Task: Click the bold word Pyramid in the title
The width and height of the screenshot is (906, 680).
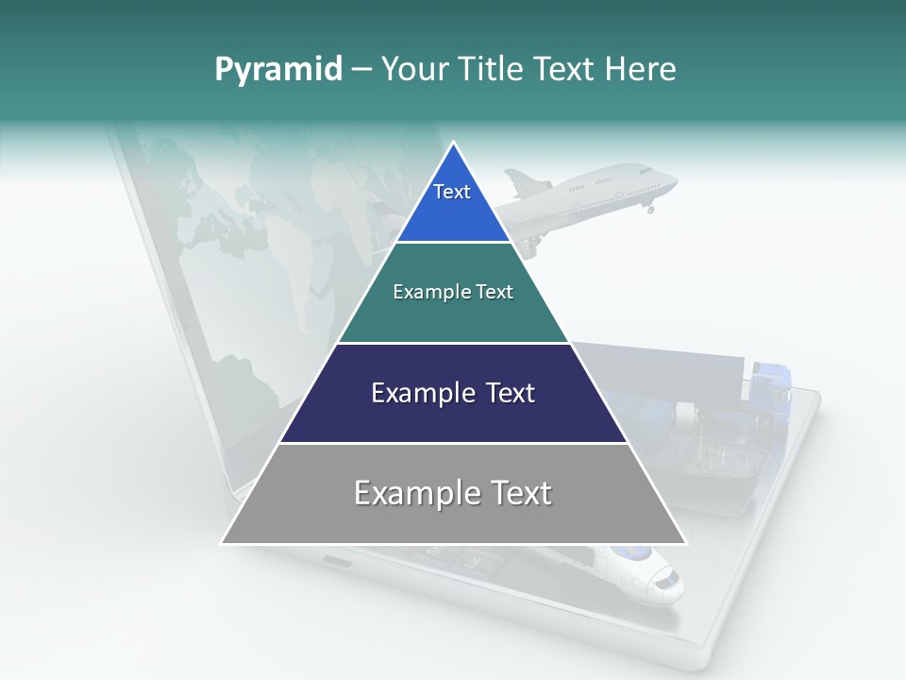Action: (x=277, y=70)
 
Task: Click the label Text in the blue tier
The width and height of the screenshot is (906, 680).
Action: (x=452, y=192)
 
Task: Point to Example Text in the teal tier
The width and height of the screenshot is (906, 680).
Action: (x=453, y=292)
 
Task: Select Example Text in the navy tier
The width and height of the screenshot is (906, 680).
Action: (x=453, y=393)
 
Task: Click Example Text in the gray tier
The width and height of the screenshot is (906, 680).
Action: (x=453, y=493)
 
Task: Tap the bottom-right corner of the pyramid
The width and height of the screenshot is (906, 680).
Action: (x=684, y=543)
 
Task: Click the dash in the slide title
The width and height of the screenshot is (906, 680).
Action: (x=361, y=70)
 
